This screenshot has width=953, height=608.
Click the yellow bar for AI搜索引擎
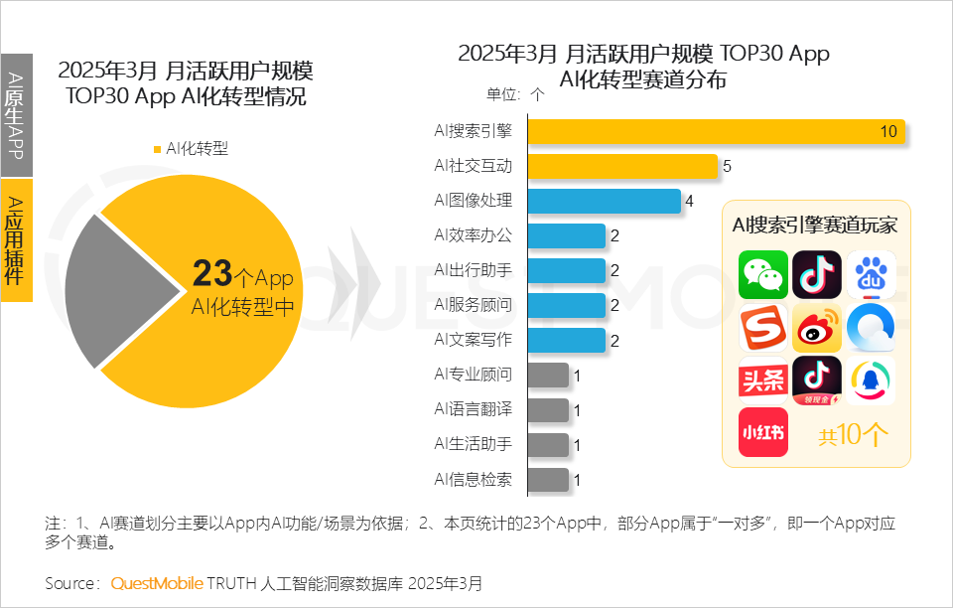coord(715,132)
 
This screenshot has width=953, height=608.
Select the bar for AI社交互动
coord(622,166)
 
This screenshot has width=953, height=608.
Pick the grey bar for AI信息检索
coord(548,480)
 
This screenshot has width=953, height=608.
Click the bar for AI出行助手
coord(566,270)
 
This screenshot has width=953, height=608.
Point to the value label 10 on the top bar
coord(887,132)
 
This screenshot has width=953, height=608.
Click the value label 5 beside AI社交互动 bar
coord(727,166)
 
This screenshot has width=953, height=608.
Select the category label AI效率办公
coord(473,235)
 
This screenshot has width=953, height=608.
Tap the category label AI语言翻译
coord(473,409)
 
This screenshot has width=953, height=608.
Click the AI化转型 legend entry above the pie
coord(191,149)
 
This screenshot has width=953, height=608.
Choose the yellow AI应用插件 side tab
coord(16,239)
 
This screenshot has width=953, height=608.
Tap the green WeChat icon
coord(762,275)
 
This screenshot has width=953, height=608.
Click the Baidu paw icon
coord(871,275)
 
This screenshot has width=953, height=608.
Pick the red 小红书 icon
coord(762,432)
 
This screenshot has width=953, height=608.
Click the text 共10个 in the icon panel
coord(853,435)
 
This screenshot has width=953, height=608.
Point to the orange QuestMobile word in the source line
coord(157,582)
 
